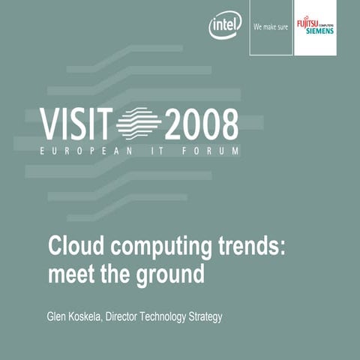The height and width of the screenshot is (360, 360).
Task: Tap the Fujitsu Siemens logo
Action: click(316, 26)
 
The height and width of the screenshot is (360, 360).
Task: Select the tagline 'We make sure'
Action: click(271, 26)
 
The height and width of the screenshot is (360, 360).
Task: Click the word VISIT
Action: click(76, 124)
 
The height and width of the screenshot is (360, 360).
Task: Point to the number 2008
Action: click(201, 124)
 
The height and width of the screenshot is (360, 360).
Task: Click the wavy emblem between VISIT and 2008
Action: click(139, 124)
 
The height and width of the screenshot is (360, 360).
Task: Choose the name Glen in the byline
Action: click(58, 317)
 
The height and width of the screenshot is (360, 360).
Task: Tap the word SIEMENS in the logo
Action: click(320, 31)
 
